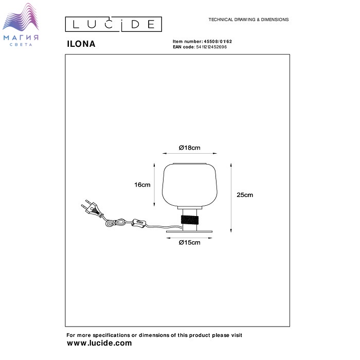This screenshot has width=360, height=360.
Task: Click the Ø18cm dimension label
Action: pos(189,148)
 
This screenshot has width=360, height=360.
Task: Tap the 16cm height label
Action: pos(142,185)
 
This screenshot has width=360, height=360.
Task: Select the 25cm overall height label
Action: pos(245,195)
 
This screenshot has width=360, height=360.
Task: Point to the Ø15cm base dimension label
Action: pos(189,242)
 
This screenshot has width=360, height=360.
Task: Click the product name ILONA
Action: pos(81,44)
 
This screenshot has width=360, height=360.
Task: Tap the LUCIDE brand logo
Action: pos(114,24)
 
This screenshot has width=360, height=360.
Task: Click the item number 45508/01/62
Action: pos(218,42)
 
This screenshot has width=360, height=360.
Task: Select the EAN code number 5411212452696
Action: pos(211,47)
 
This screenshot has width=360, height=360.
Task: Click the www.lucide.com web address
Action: pos(99,343)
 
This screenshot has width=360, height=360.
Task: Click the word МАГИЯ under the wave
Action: pos(21,38)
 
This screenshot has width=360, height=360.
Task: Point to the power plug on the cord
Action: pos(91,208)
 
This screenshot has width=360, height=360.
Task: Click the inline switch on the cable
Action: pos(139,223)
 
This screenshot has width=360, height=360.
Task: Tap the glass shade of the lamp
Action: pos(190,185)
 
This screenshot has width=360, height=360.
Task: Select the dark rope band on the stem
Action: pos(190,220)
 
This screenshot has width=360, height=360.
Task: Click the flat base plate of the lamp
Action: pos(189,231)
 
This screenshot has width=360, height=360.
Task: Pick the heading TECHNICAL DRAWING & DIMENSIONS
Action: pos(248,20)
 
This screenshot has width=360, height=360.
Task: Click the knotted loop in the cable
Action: pos(115,223)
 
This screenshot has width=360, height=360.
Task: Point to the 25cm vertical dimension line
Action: pos(231,197)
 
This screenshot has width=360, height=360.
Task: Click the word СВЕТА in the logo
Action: pos(21,45)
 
